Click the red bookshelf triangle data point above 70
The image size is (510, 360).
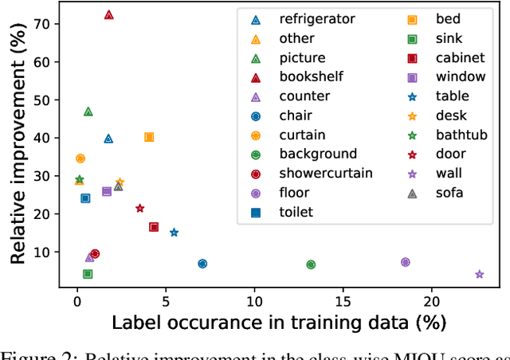[x=108, y=15]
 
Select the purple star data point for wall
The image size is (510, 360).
[x=480, y=274]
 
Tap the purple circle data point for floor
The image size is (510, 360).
[x=405, y=262]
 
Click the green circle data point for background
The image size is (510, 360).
[x=311, y=264]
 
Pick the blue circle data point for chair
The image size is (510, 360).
[x=202, y=264]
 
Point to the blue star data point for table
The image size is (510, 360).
[x=174, y=233]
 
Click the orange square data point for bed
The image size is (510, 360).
[x=148, y=137]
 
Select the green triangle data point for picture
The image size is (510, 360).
[x=88, y=112]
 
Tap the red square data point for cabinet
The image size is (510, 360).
[x=154, y=227]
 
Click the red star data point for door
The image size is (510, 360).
[x=139, y=209]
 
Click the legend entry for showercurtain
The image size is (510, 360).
[x=314, y=173]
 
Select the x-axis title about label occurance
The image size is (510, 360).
[x=278, y=323]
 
